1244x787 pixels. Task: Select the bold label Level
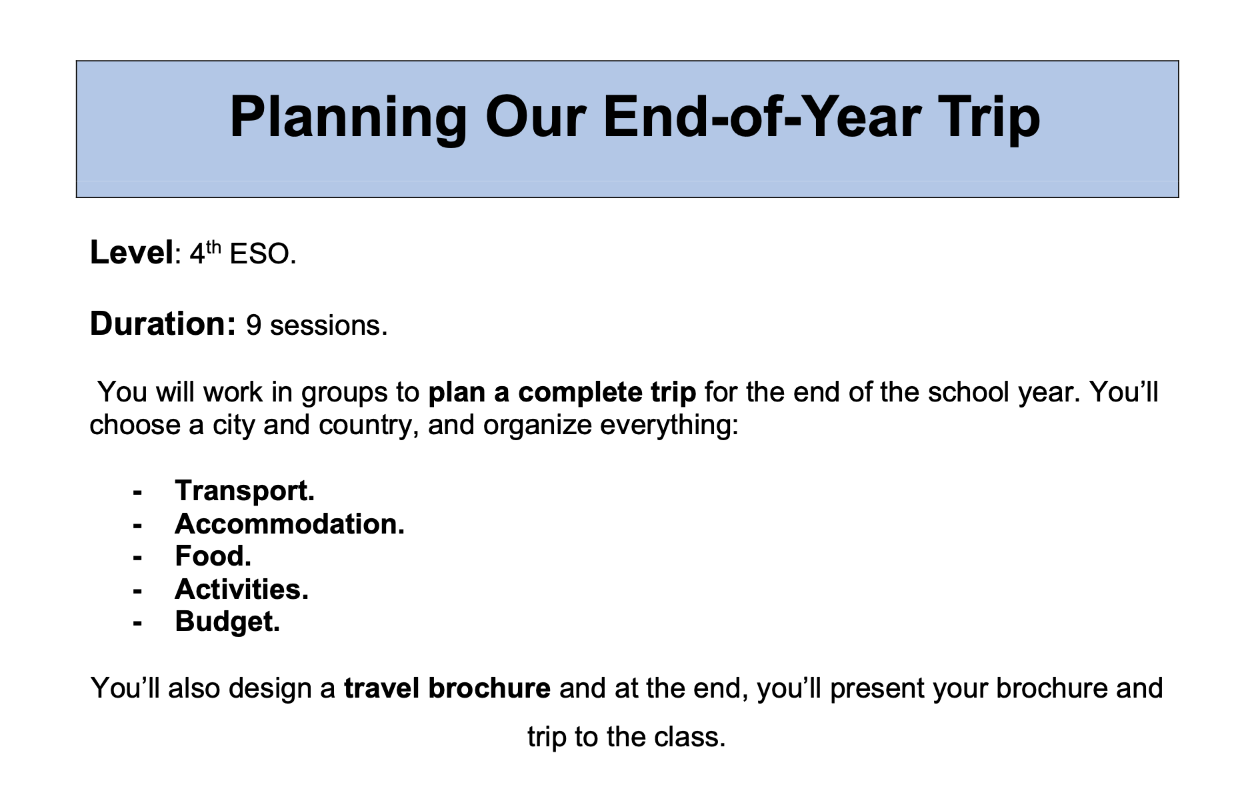coord(131,253)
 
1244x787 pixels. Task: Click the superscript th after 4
coord(213,246)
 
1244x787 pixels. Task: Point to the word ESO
coord(263,254)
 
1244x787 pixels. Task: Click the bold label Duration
coord(163,324)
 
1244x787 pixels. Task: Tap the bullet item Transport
coord(245,492)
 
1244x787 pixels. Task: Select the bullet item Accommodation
coord(290,524)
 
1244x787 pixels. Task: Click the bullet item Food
coord(213,556)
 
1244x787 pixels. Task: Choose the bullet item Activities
coord(242,589)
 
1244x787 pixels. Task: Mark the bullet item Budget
coord(227,622)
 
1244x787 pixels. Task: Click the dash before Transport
coord(138,493)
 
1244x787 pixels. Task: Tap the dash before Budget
coord(138,624)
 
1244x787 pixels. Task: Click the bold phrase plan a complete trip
coord(562,392)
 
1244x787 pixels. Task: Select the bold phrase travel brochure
coord(447,688)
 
